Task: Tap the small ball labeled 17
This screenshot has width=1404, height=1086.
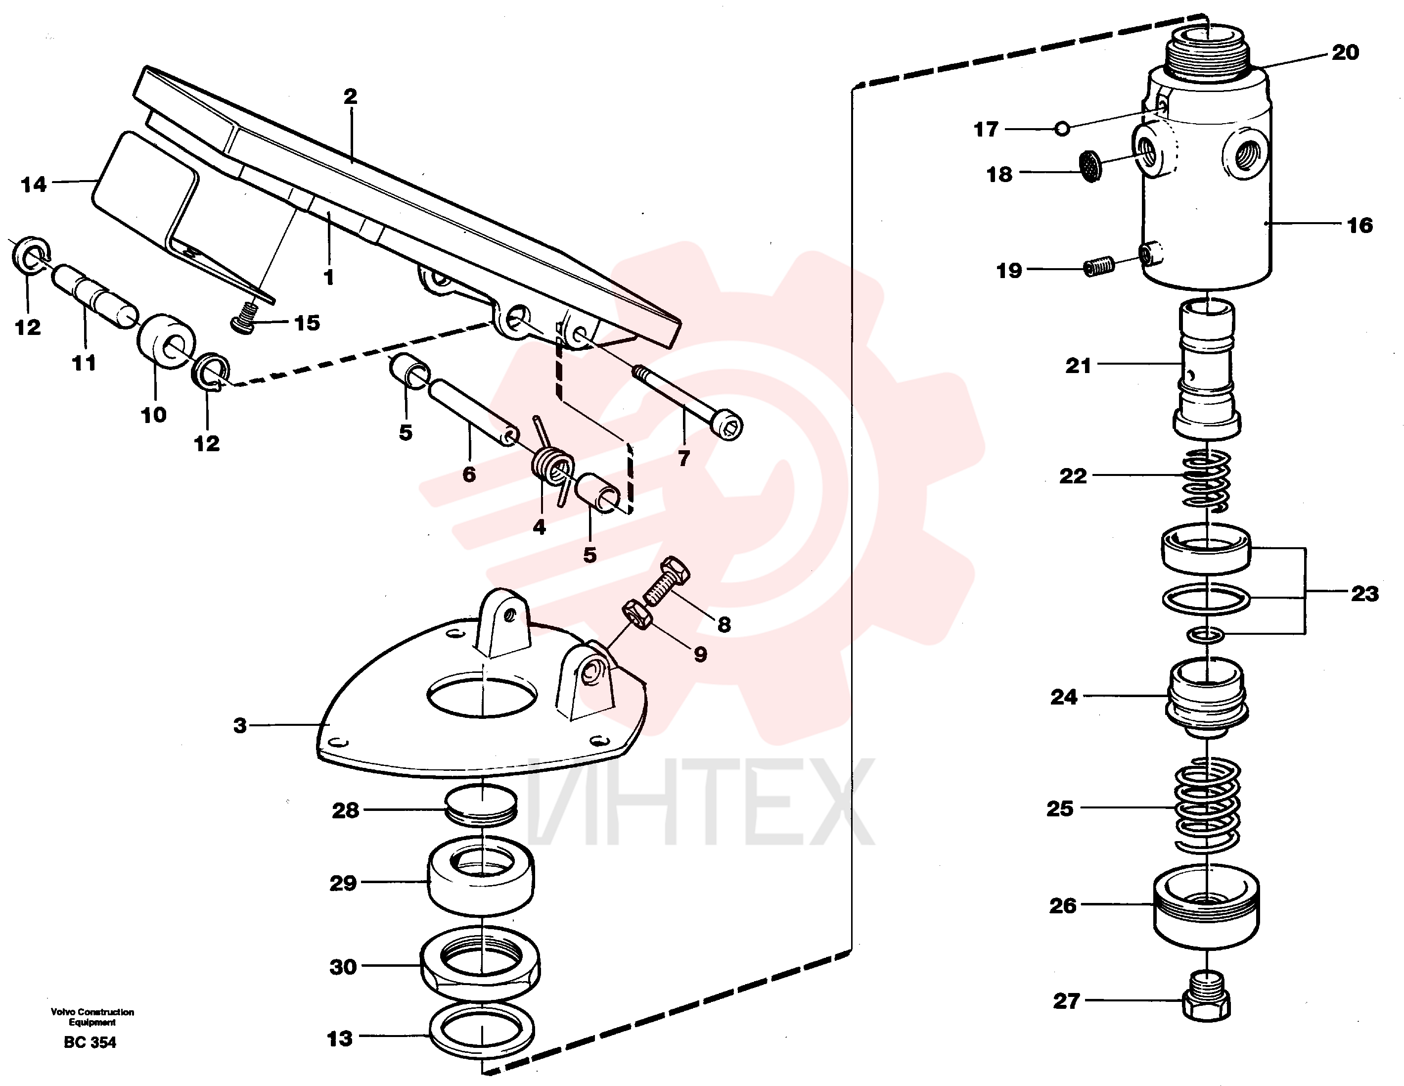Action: tap(1063, 129)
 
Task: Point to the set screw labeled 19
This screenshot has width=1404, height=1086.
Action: tap(1099, 266)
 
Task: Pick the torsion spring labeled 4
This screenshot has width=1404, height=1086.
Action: tap(553, 461)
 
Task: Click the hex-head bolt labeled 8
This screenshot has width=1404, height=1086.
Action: tap(667, 581)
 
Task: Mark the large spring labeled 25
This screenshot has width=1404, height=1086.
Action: tap(1207, 805)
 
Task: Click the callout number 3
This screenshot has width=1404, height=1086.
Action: tap(240, 725)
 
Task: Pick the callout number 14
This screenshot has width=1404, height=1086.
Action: tap(34, 185)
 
